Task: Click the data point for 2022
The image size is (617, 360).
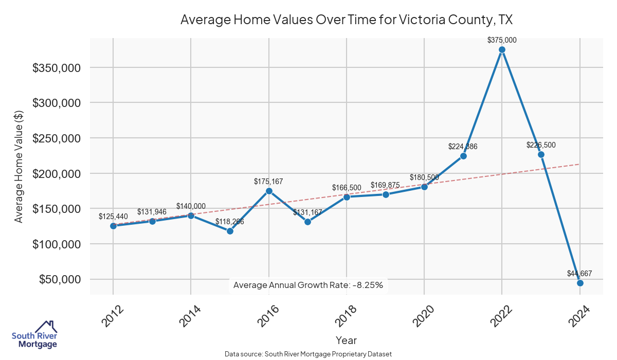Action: tap(502, 50)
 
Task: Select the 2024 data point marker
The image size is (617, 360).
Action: tap(580, 283)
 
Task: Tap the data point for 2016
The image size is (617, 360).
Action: tap(268, 191)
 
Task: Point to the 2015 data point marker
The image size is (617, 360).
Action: tap(230, 231)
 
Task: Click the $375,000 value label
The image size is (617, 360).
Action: tap(502, 40)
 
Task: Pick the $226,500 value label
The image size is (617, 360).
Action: tap(541, 145)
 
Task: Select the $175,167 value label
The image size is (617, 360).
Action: tap(268, 182)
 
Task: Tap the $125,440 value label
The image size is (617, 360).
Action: tap(113, 216)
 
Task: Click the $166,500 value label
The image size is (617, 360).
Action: tap(347, 188)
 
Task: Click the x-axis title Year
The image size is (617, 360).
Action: tap(346, 340)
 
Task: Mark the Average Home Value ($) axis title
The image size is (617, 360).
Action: tap(19, 166)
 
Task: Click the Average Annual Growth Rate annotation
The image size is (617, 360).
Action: tap(308, 285)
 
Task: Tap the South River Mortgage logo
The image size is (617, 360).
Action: tap(34, 335)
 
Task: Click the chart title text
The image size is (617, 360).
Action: tap(347, 20)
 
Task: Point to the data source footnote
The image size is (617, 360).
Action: tap(308, 354)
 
